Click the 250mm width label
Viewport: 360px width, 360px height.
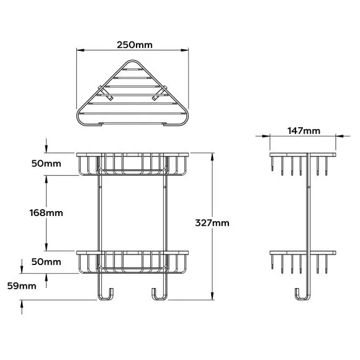click(x=133, y=45)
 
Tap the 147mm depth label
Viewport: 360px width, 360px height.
click(x=304, y=130)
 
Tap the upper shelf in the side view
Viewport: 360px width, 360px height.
click(x=304, y=153)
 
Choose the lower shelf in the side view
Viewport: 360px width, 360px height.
click(x=304, y=253)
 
